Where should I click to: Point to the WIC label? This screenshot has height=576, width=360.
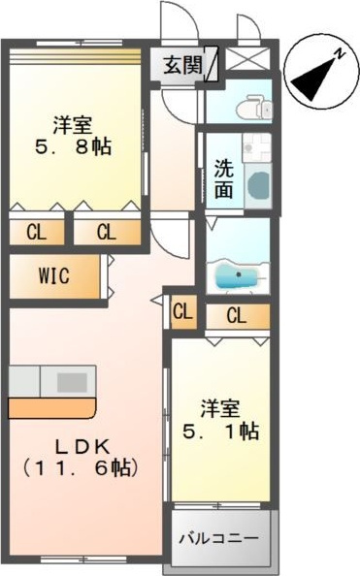pyautogui.click(x=53, y=275)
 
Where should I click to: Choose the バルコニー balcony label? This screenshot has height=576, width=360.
pyautogui.click(x=221, y=535)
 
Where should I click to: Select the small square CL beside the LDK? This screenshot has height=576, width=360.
pyautogui.click(x=182, y=312)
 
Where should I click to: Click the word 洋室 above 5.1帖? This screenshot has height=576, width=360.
pyautogui.click(x=220, y=406)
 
